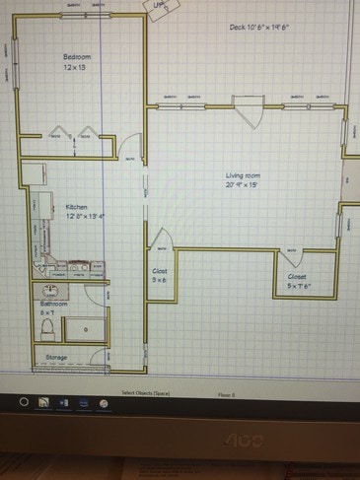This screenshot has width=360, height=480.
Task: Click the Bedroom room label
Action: [76, 57]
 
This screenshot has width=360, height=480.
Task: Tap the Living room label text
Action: [243, 175]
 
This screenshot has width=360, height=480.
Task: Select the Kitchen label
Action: [77, 207]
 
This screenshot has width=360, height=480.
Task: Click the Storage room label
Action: [56, 357]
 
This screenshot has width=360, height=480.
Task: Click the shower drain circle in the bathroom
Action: [86, 329]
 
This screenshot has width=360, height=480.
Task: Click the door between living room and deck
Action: [247, 110]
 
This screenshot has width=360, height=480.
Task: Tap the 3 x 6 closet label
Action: [160, 275]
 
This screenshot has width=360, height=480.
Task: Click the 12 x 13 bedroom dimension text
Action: [76, 67]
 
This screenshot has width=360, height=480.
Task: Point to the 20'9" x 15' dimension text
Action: [243, 184]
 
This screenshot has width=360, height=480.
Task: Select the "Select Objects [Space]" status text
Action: [146, 392]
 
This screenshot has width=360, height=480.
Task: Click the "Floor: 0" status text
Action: [227, 392]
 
